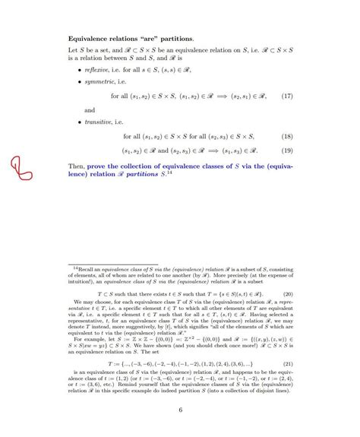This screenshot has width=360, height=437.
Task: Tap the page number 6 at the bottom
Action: [180, 410]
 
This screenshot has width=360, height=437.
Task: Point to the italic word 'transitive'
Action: [97, 121]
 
